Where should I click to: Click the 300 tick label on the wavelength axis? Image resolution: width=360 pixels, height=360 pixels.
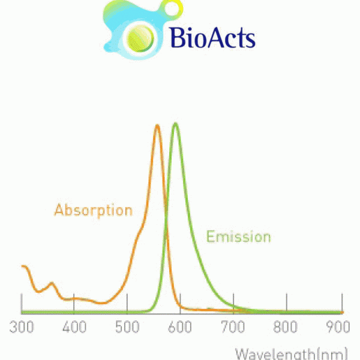tap(22, 327)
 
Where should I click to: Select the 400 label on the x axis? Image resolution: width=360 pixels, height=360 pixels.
tap(74, 327)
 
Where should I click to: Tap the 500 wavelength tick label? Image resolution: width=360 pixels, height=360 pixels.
tap(127, 327)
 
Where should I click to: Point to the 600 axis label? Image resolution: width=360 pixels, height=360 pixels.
tap(180, 327)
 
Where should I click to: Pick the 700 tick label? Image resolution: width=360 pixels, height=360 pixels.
tap(233, 327)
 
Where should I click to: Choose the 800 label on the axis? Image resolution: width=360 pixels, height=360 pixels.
tap(286, 327)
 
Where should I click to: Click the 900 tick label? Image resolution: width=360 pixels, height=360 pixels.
tap(338, 327)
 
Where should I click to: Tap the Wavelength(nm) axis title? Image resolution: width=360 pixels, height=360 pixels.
tap(292, 354)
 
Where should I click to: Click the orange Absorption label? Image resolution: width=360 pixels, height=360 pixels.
tap(94, 211)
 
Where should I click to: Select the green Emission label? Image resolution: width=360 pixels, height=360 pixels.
tap(239, 236)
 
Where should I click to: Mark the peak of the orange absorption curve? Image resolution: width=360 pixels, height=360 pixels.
tap(157, 125)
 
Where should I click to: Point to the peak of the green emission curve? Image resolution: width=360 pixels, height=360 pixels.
tap(176, 124)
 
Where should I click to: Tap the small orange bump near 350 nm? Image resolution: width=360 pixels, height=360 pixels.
tap(52, 283)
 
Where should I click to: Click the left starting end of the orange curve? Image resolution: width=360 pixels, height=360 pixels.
tap(23, 266)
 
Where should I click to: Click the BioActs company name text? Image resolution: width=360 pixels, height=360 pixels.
tap(213, 37)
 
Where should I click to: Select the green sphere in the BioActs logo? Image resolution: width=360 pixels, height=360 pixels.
tap(140, 38)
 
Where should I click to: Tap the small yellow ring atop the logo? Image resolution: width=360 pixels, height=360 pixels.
tap(173, 8)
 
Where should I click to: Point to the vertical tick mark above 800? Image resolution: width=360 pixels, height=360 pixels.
tap(287, 302)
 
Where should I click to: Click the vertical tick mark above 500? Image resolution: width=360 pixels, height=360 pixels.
tap(127, 302)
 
